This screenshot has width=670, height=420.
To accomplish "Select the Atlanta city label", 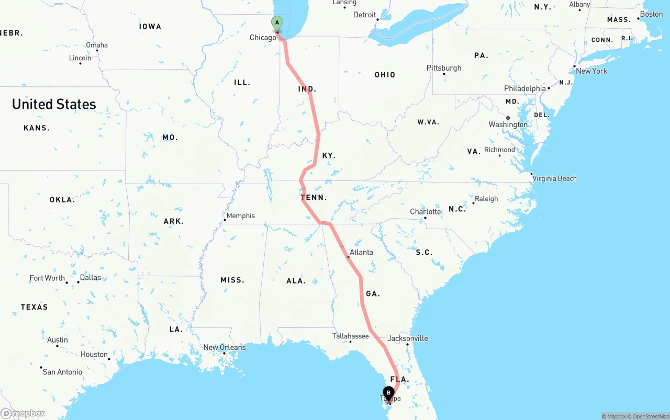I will click(x=361, y=252).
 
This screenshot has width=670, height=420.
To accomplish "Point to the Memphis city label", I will click(x=240, y=215).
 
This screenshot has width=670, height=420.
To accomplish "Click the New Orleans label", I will click(x=224, y=347).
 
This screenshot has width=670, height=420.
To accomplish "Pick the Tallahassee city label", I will click(x=350, y=336).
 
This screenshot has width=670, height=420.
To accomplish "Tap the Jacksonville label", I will click(x=407, y=338).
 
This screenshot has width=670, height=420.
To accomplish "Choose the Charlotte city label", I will click(x=425, y=212).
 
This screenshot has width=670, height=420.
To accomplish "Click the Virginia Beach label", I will click(x=554, y=178).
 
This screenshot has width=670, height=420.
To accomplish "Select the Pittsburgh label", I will click(x=444, y=68).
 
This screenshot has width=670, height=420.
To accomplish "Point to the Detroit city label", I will click(x=364, y=15).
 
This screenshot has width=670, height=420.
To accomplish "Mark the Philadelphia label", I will click(x=524, y=88).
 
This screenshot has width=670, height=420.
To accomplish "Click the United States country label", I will click(x=54, y=104).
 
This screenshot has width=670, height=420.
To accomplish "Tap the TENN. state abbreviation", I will click(x=314, y=198).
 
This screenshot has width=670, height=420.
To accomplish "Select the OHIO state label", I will click(x=385, y=75).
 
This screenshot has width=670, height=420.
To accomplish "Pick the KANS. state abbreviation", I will click(x=37, y=128).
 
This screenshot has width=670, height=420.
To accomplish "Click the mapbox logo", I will click(x=23, y=413).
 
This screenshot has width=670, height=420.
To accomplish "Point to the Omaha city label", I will click(x=97, y=45).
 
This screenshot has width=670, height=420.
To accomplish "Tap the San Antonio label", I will click(x=62, y=372).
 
